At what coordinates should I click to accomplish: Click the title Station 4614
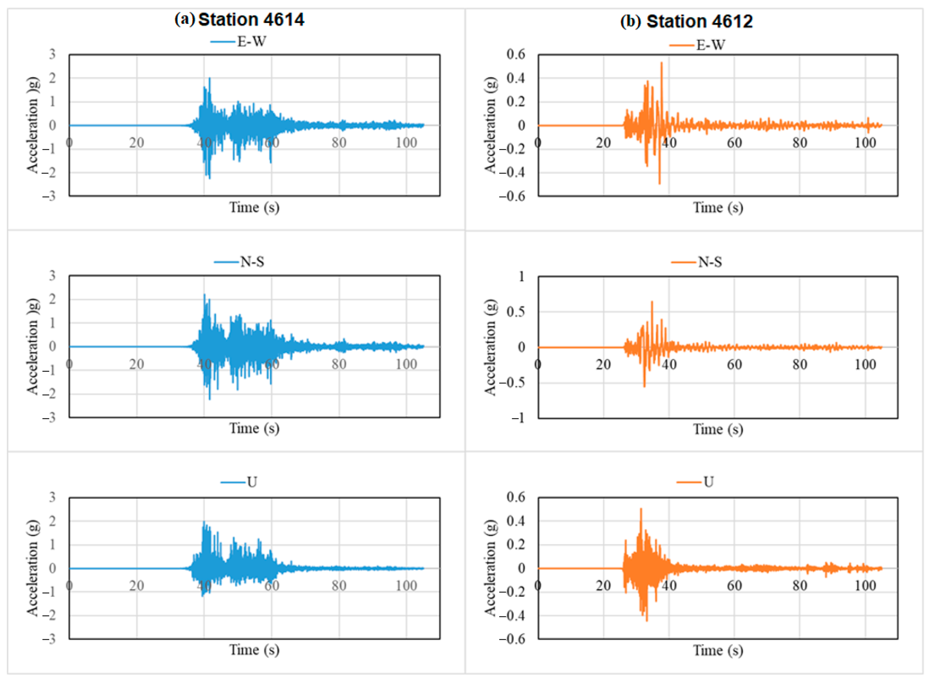click(251, 19)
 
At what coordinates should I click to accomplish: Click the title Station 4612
click(699, 21)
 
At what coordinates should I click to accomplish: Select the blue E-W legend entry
click(239, 42)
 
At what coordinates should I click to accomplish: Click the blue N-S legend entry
click(240, 262)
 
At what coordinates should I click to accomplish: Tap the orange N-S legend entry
click(697, 262)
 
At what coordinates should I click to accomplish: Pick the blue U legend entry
click(239, 482)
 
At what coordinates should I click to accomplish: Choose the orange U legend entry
click(696, 482)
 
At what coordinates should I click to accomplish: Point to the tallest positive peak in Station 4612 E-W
click(661, 63)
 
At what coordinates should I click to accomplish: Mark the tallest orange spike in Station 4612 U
click(640, 509)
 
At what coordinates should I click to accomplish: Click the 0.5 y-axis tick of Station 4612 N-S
click(516, 312)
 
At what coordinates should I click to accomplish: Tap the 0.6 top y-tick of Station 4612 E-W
click(516, 54)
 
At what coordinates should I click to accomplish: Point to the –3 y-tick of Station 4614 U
click(49, 639)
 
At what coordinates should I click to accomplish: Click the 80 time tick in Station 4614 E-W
click(339, 143)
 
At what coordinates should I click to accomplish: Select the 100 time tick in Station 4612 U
click(865, 586)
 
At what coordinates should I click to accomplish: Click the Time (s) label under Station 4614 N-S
click(254, 428)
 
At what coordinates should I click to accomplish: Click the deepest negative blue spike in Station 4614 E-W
click(210, 178)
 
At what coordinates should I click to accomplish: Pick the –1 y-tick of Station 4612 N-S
click(518, 418)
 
